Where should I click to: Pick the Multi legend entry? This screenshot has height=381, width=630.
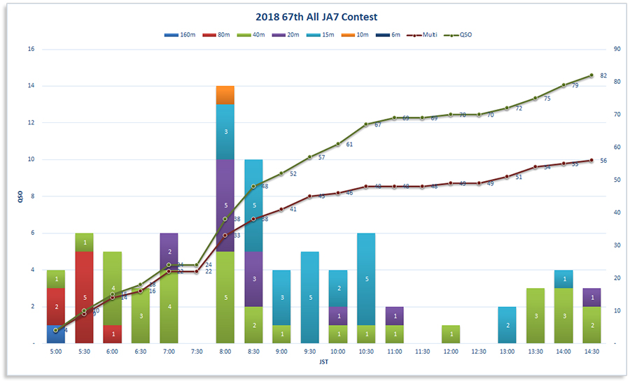pos(426,34)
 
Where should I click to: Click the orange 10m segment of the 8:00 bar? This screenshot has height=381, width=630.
pos(225,95)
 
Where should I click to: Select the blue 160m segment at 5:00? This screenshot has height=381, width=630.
pos(56,334)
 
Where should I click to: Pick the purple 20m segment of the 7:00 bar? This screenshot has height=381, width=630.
pos(169,252)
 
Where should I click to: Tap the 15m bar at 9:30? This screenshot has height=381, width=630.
pos(309,297)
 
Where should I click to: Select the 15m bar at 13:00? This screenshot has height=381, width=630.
pos(507,325)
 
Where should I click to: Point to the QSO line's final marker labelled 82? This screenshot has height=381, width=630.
pos(591,76)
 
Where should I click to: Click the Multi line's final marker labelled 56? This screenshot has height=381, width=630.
pos(591,160)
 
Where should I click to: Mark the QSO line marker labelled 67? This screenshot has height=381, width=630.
pos(366,124)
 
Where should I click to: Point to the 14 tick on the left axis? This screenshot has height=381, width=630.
pos(31,86)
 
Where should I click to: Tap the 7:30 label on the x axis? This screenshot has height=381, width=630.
pos(197,353)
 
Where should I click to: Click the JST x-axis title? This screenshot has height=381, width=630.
pos(323,363)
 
